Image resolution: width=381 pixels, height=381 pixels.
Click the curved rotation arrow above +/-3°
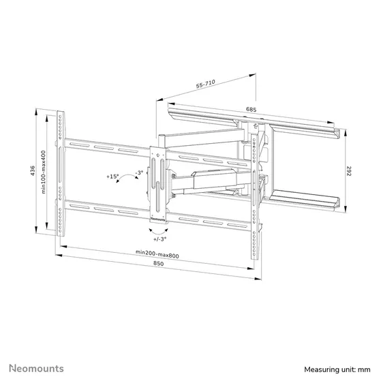158,230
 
